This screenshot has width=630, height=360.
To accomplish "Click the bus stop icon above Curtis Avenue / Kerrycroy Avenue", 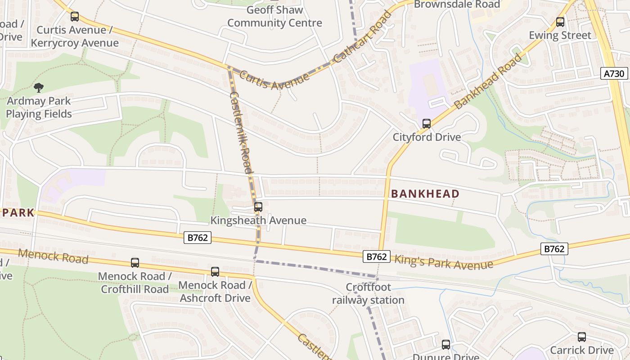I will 75,17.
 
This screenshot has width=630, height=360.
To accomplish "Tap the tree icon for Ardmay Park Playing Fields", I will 39,87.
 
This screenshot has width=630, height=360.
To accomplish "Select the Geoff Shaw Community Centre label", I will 274,17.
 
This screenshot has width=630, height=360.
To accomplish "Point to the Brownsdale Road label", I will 457,4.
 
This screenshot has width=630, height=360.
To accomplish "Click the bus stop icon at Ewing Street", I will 560,22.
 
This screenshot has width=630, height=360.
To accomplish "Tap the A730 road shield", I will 614,73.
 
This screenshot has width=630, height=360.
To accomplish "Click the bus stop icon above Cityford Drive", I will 426,123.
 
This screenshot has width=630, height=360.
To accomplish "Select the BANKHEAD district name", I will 425,194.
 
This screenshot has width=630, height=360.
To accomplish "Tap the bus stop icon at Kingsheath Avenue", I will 258,207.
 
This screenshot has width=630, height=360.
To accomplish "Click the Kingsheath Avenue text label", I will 258,220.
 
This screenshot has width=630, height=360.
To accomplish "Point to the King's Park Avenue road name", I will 444,262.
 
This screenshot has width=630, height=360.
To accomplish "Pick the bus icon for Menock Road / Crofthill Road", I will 135,262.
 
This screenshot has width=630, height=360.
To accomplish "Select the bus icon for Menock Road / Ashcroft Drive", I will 215,271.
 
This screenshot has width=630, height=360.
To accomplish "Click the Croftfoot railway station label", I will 368,293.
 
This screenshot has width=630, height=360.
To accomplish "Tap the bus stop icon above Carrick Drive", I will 582,337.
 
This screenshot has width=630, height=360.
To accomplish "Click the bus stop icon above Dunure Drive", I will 446,344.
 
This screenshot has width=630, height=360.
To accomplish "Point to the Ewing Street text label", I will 560,35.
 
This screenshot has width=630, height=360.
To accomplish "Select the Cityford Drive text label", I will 427,137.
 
